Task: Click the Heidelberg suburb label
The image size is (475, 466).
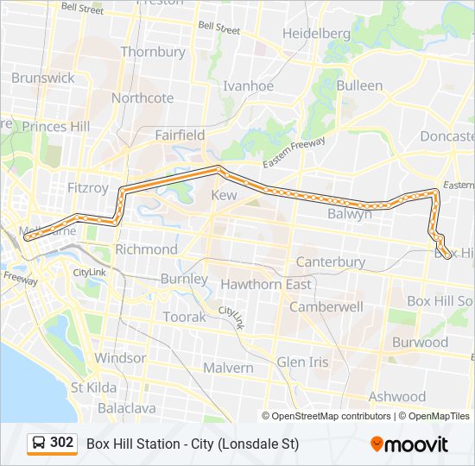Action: tap(317, 34)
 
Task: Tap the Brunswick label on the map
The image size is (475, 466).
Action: tap(42, 78)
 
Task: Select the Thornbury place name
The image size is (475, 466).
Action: tap(153, 52)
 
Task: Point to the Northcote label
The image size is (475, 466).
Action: tap(142, 98)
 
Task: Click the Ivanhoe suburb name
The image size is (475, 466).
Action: tap(248, 85)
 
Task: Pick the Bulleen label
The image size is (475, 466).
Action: tap(359, 85)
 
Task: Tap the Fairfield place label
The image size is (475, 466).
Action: tap(180, 135)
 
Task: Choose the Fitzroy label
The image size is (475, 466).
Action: tap(87, 187)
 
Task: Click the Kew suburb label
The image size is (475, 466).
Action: tap(224, 196)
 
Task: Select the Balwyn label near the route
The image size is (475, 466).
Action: tap(350, 213)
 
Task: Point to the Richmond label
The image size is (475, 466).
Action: tap(146, 249)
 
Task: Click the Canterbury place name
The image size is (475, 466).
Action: tap(330, 261)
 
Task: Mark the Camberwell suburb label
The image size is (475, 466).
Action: tap(326, 306)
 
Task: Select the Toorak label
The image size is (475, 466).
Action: tap(184, 317)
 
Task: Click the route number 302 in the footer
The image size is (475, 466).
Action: tap(62, 443)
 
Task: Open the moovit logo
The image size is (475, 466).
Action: tap(409, 444)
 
